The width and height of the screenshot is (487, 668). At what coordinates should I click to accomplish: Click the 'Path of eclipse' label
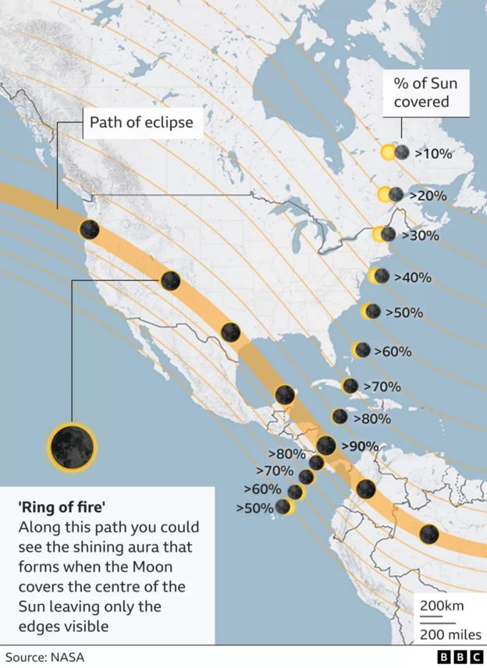(141, 122)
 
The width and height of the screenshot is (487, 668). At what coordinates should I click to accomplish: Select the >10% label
(433, 154)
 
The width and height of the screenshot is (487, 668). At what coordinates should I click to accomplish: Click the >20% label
(428, 195)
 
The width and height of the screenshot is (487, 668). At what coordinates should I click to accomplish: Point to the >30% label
(420, 235)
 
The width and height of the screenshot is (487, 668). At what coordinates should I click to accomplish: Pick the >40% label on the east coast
(413, 277)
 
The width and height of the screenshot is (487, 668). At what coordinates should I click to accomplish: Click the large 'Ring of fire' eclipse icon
(72, 445)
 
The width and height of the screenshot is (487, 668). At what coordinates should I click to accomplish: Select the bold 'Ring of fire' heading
(62, 507)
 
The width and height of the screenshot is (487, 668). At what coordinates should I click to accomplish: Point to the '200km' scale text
(441, 606)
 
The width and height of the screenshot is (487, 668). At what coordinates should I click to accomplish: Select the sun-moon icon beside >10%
(395, 153)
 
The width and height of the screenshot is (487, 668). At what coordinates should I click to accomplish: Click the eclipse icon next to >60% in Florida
(361, 350)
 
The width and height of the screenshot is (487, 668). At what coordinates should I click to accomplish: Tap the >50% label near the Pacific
(254, 508)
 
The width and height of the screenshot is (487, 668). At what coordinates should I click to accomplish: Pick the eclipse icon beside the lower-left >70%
(306, 476)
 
